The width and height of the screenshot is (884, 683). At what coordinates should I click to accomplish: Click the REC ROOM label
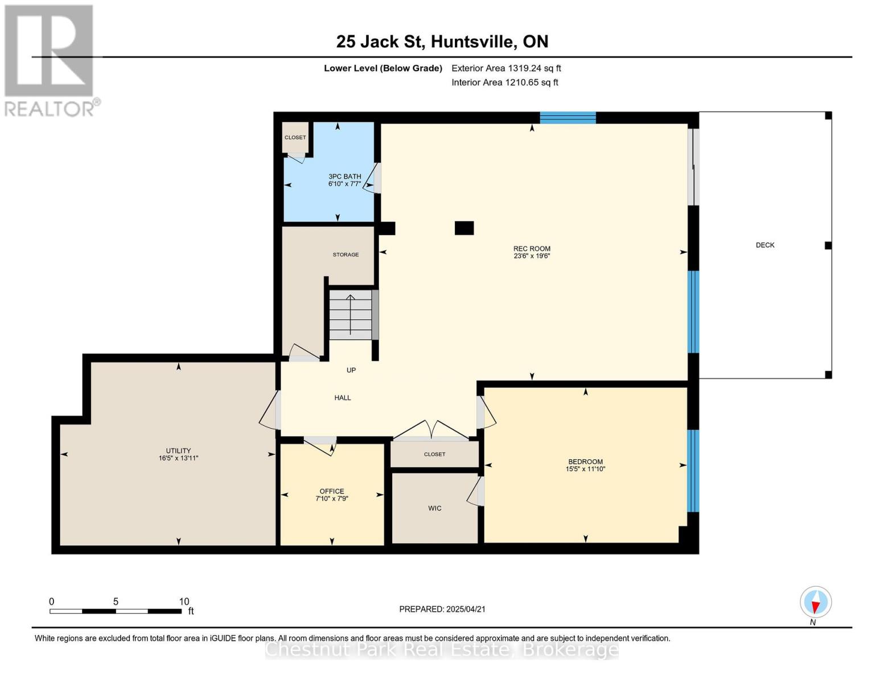tap(531, 248)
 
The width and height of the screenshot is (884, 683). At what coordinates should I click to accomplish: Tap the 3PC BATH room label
tap(344, 176)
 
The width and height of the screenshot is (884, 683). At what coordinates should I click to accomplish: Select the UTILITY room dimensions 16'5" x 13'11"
tap(178, 458)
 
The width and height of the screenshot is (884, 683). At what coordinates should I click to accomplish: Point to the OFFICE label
tap(331, 491)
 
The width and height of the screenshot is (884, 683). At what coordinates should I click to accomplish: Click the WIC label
tap(434, 508)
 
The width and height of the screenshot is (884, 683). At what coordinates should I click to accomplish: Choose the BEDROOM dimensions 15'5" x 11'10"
tap(585, 469)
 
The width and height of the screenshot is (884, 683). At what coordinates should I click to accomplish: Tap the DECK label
tap(765, 245)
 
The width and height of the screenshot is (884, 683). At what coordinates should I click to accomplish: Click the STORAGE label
tap(346, 254)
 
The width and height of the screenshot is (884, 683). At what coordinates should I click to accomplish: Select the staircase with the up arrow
tap(350, 314)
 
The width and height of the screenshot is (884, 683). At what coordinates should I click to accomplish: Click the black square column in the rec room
tap(464, 228)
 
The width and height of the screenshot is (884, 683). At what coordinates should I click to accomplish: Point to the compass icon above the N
tap(816, 602)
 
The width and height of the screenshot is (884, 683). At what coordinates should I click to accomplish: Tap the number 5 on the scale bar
tap(116, 601)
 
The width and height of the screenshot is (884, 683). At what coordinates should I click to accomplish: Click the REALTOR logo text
tap(50, 109)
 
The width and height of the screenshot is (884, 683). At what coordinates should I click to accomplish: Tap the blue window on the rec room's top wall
tap(568, 118)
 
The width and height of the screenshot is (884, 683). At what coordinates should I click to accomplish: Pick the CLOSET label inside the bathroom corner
tap(295, 138)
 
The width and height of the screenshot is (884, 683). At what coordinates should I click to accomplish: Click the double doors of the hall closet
tap(431, 430)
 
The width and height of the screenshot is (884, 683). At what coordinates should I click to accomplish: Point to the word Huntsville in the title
tap(472, 42)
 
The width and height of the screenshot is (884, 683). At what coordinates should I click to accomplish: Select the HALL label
tap(343, 398)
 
